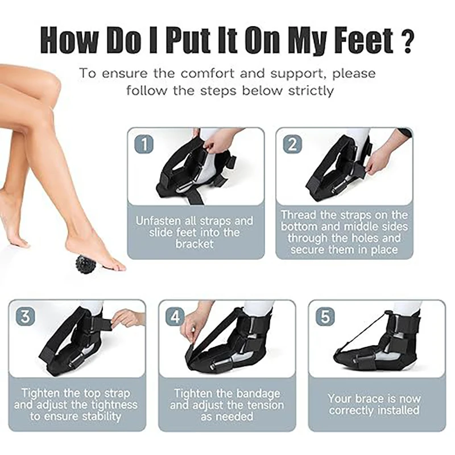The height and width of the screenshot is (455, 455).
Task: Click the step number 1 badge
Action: (x=144, y=144)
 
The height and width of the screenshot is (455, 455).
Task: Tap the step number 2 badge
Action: (x=292, y=144)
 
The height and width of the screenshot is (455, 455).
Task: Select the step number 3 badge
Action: (x=25, y=316)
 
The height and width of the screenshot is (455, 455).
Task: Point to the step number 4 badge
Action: (x=175, y=316)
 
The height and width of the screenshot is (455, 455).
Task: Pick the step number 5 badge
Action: (x=325, y=316)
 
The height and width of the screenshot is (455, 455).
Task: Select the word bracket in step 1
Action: (x=195, y=244)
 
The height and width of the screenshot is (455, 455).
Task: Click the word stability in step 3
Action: (x=101, y=416)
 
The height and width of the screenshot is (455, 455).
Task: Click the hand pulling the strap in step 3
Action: (x=127, y=317)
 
